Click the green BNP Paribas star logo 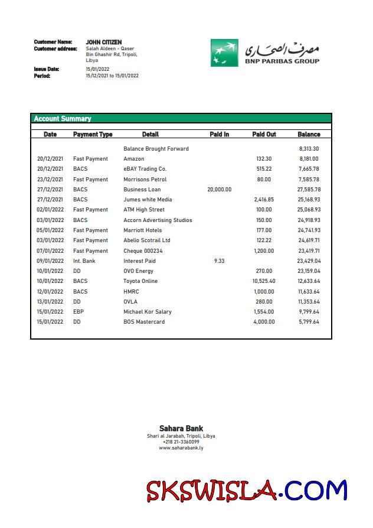[224, 53]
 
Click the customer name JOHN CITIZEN [104, 43]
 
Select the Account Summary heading [63, 119]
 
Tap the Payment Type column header [93, 135]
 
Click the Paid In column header [220, 135]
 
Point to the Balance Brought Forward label [156, 149]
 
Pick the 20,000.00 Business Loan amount [220, 190]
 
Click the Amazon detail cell [134, 159]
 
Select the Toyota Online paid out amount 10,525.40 [264, 281]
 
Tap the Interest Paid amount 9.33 [220, 261]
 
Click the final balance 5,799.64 [309, 322]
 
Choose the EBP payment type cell [78, 312]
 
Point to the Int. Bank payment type [84, 261]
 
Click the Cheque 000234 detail [142, 251]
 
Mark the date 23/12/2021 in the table [50, 180]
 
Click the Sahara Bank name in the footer [181, 429]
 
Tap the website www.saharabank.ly [181, 448]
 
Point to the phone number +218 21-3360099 [181, 442]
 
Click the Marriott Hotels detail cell [142, 230]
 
